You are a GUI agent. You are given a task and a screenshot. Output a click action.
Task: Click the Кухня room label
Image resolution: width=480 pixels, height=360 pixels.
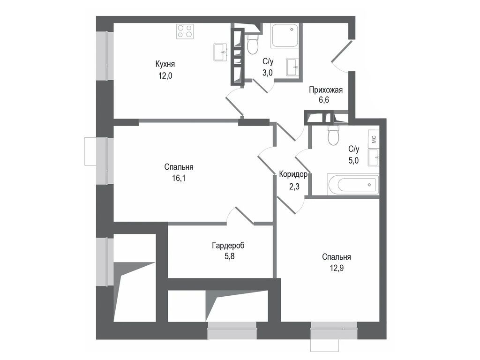click(x=165, y=64)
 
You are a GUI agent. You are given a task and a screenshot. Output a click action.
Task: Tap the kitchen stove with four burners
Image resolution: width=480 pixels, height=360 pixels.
click(x=185, y=31)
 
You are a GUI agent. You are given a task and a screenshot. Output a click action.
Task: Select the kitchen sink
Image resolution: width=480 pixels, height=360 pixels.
click(x=220, y=52)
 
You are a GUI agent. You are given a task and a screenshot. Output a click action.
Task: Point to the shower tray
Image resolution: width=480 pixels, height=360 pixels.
click(x=285, y=36)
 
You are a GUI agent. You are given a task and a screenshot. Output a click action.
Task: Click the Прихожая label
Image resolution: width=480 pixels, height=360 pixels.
click(x=326, y=90)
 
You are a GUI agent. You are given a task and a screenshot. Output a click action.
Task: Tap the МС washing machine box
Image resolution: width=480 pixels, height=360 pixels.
click(x=374, y=139)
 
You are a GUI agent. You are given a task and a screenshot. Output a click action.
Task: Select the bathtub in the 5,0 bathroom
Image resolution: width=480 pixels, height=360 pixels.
click(x=353, y=185)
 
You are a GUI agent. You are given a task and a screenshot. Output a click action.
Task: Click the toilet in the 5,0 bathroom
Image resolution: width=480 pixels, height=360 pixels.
click(x=334, y=135)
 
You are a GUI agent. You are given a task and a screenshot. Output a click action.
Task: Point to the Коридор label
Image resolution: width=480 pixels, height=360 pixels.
click(x=293, y=174)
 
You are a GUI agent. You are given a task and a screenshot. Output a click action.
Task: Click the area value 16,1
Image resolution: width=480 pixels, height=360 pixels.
click(x=179, y=178)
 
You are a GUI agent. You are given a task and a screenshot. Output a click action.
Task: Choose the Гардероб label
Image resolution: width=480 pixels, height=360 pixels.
click(x=228, y=246)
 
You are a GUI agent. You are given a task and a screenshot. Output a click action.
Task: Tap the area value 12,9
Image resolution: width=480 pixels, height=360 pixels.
click(x=337, y=268)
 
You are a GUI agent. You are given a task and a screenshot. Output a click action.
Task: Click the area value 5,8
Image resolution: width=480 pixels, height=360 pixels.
click(x=229, y=256)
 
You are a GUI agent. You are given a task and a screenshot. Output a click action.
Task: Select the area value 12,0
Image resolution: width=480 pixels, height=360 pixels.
click(x=165, y=75)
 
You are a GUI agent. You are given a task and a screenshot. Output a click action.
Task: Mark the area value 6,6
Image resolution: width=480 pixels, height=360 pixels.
click(x=324, y=100)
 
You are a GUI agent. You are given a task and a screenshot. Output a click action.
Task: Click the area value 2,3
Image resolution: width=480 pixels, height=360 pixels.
click(x=294, y=187)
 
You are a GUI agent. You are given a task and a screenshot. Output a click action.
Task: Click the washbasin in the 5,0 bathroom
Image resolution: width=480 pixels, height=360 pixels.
click(x=374, y=157)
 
